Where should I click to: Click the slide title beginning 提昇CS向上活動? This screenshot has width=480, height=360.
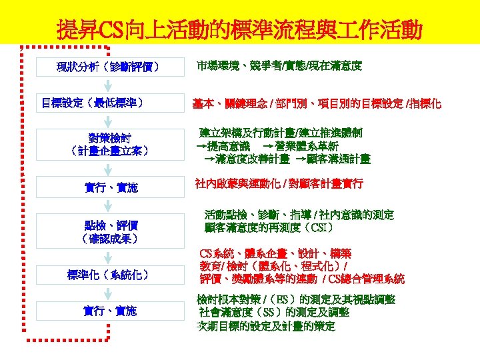(239, 29)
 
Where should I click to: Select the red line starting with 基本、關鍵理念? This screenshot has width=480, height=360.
(317, 104)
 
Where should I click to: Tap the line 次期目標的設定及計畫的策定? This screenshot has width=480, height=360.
(265, 327)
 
